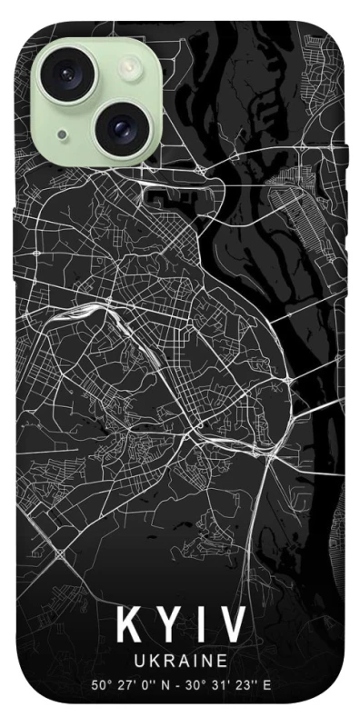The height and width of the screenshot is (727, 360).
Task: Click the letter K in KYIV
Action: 128,623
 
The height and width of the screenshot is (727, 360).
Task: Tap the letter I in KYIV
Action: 201,623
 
